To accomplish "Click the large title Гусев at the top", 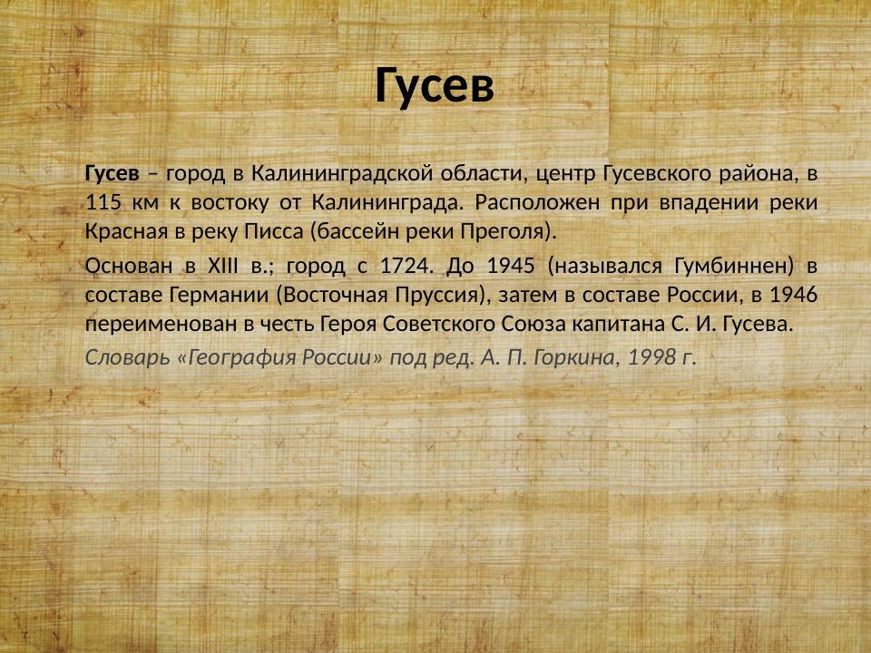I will click(x=435, y=86).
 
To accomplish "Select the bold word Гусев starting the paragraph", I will click(x=113, y=171).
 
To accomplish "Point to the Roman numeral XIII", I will click(x=217, y=266).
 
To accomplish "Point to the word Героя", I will click(x=348, y=325).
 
